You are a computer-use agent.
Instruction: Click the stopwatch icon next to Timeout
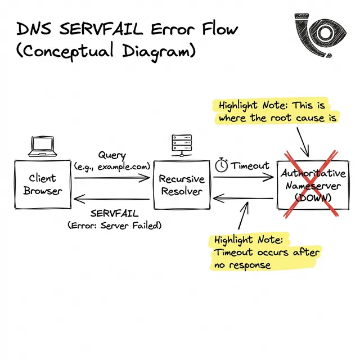point(221,165)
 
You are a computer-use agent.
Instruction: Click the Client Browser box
point(43,184)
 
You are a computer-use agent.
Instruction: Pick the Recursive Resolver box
point(182,185)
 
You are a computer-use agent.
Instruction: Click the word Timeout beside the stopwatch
point(250,166)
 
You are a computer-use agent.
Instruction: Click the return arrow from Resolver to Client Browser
point(112,197)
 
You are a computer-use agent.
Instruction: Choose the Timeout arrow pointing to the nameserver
point(242,177)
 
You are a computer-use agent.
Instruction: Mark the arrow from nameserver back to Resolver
point(242,197)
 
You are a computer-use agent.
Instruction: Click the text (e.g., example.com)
point(112,166)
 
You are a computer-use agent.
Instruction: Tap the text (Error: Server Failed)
point(114,225)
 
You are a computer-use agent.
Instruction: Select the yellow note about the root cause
point(277,111)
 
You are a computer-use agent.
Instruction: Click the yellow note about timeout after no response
point(266,253)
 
